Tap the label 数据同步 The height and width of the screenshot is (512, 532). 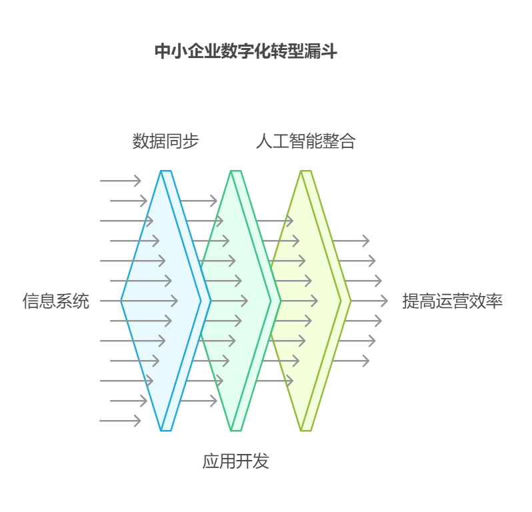click(165, 141)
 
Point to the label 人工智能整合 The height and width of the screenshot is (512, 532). click(305, 141)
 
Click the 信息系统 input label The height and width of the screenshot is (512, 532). click(56, 301)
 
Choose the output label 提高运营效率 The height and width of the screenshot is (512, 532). click(452, 301)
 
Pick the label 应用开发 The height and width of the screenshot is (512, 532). click(235, 461)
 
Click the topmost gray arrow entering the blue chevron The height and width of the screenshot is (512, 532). click(121, 181)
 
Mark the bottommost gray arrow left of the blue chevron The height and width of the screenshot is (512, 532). click(121, 421)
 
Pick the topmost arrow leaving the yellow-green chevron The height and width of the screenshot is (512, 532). click(350, 241)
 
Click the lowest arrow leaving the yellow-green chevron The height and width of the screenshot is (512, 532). click(350, 361)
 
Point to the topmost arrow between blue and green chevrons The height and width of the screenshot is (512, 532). click(199, 201)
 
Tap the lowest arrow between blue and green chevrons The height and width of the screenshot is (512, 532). click(199, 401)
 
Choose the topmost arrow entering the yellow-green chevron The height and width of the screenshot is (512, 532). click(275, 221)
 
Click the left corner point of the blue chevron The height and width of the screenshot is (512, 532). click(121, 301)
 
